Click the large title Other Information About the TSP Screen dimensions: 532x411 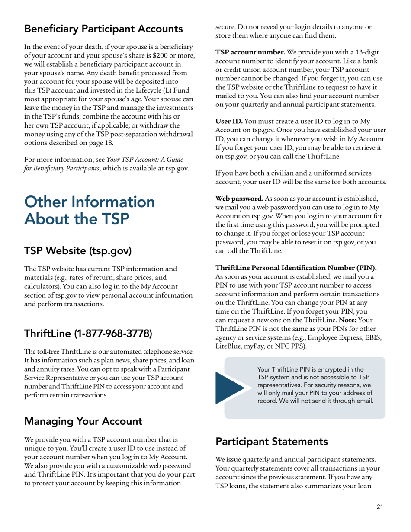90,210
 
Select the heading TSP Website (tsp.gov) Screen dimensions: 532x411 78,251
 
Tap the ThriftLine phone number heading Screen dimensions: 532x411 88,333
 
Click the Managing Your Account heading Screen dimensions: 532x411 83,421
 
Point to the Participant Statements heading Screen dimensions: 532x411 271,442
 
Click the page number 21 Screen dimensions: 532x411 379,507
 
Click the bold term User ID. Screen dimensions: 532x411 230,120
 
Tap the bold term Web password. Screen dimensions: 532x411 239,199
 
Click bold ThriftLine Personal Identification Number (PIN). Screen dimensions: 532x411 295,267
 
